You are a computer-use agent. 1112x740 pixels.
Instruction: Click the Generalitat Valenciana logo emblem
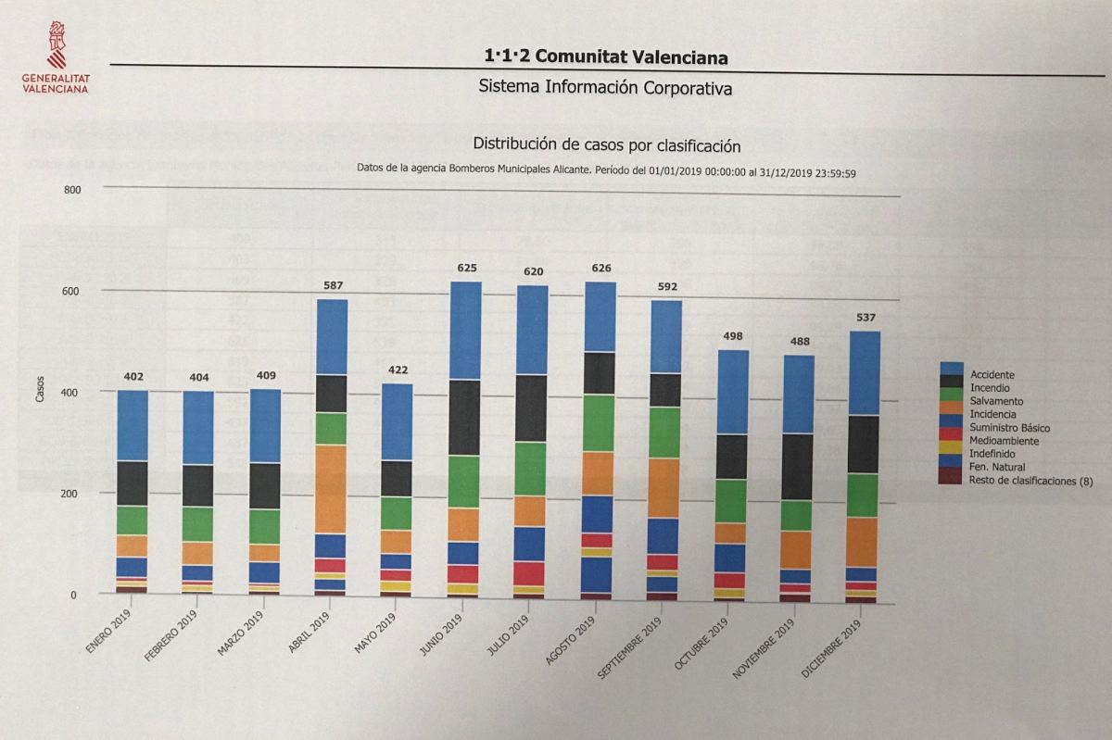(57, 44)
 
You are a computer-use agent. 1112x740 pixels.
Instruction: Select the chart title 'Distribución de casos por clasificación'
(607, 144)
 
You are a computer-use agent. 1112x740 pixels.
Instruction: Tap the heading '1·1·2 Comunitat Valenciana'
(606, 56)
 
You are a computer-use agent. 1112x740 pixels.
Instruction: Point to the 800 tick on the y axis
(72, 190)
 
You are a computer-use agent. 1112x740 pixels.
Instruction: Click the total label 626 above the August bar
(600, 270)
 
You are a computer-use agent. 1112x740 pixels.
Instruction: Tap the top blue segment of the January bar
(133, 425)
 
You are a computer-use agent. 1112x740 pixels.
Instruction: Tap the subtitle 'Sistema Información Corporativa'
(606, 88)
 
